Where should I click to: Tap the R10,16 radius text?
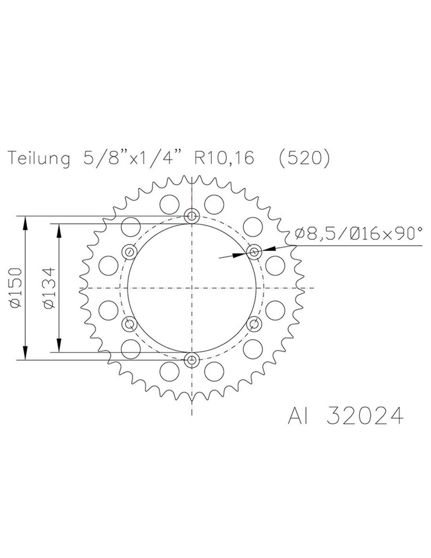(225, 158)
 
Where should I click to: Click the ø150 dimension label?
(16, 288)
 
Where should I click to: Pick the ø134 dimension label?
(49, 288)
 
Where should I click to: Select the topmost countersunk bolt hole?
(192, 216)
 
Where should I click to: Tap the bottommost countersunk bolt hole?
(192, 360)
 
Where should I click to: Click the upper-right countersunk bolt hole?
(254, 252)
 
